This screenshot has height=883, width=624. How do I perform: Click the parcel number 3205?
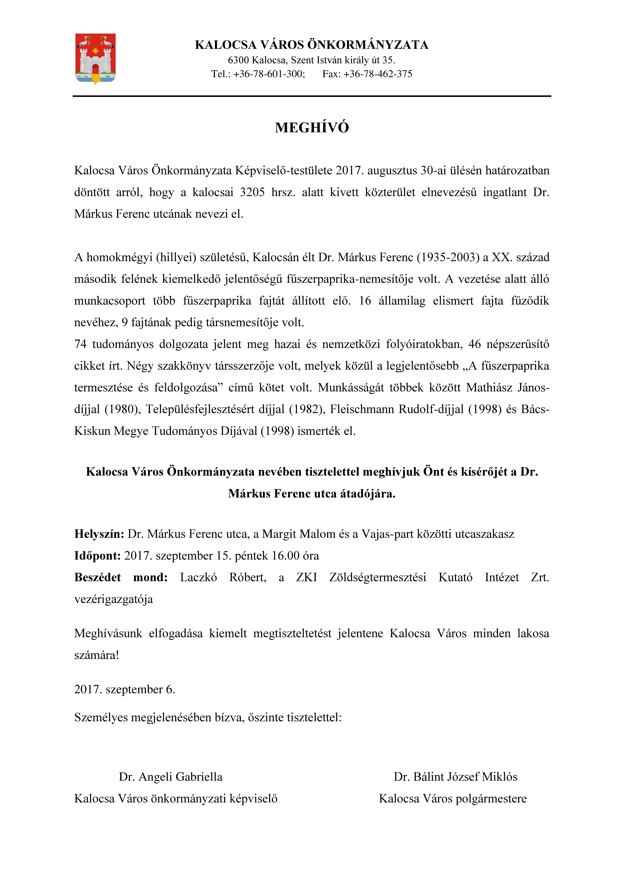tap(252, 192)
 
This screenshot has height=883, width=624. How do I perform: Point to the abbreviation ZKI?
tap(306, 577)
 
